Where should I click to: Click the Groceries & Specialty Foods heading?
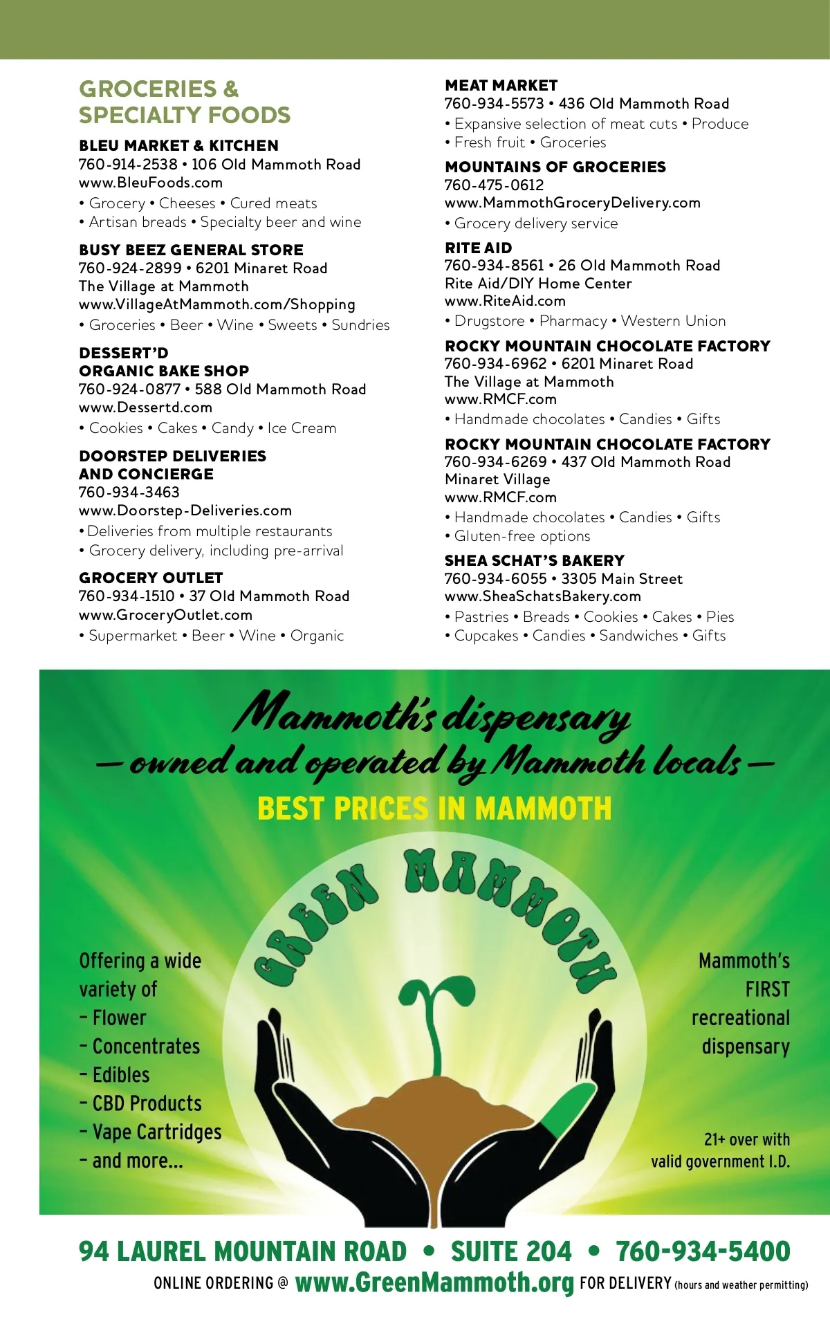pos(184,102)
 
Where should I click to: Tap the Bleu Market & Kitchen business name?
pos(178,146)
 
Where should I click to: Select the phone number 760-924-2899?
pos(130,268)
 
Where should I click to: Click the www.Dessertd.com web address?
pos(145,407)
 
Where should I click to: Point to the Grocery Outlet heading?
pos(151,578)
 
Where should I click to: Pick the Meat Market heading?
pos(501,85)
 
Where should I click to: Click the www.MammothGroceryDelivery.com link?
pos(572,203)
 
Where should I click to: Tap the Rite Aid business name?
pos(478,248)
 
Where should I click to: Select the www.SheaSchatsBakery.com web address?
pos(542,596)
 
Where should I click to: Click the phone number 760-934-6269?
pos(495,462)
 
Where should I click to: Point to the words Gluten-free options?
pos(522,536)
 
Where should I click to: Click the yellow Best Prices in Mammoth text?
pos(434,808)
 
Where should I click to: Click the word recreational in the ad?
pos(740,1018)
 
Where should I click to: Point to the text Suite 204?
pos(511,1251)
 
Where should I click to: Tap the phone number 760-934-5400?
pos(703,1251)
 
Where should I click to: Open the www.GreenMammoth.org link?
pos(434,1282)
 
